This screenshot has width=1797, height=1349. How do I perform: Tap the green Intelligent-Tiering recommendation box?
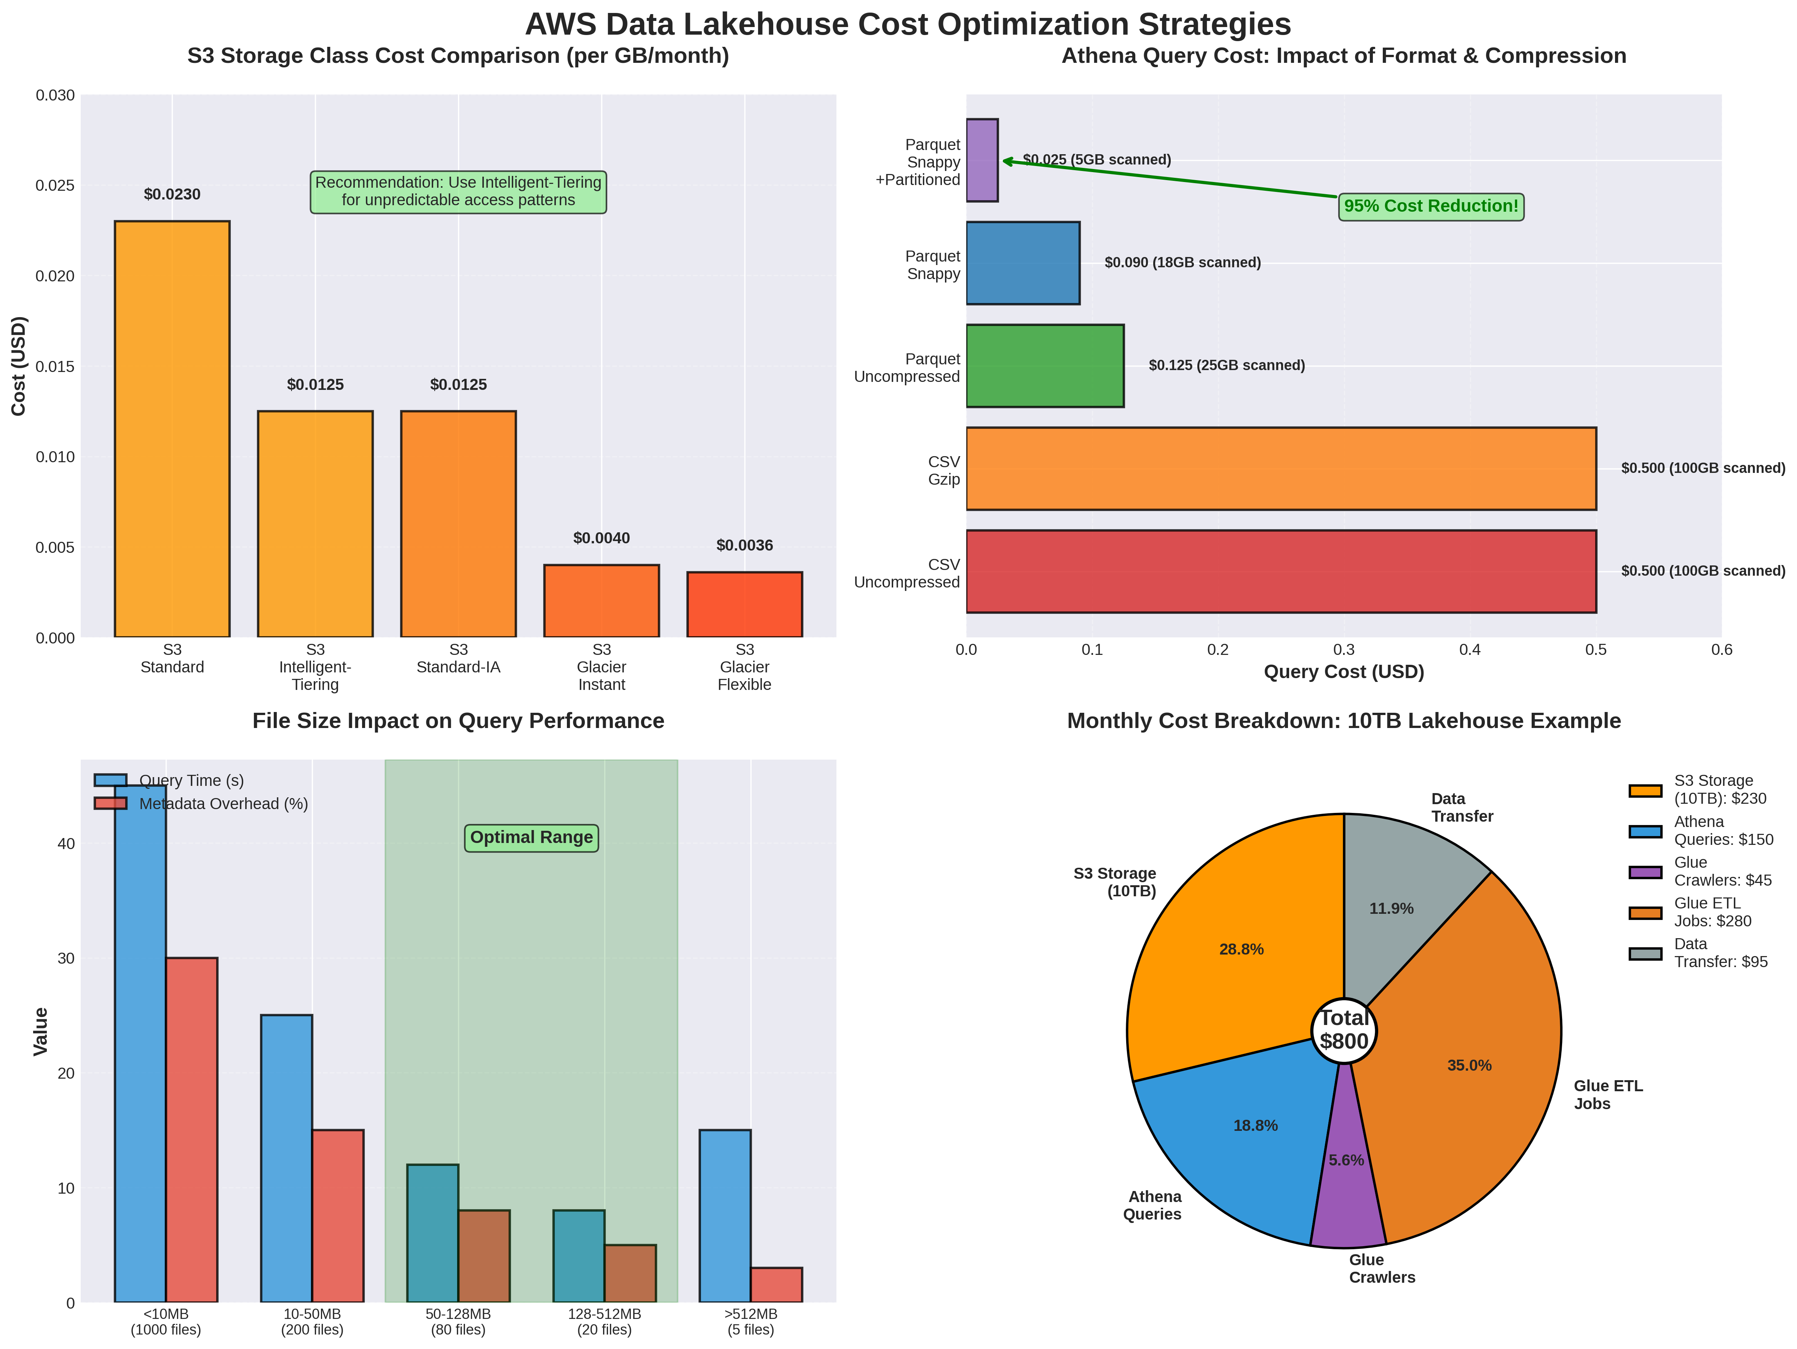point(458,192)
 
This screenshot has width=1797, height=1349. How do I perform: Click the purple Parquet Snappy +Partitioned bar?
point(981,160)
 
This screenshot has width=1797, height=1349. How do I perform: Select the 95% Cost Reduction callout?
point(1431,206)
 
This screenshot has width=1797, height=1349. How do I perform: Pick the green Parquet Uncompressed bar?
point(1045,366)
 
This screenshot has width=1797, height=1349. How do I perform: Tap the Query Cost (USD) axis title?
point(1344,672)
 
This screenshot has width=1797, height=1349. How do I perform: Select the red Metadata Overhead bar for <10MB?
point(192,1130)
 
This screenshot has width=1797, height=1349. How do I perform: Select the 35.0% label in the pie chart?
point(1469,1065)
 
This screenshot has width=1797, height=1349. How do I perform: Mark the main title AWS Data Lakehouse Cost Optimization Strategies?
point(907,24)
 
